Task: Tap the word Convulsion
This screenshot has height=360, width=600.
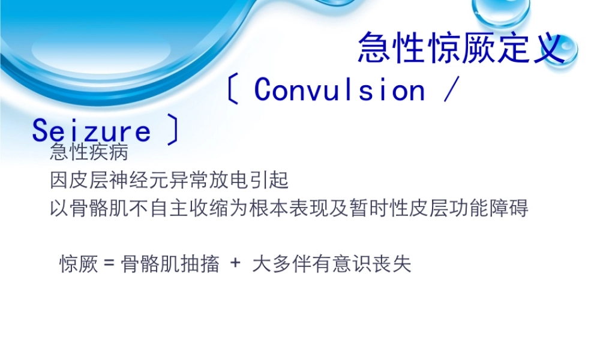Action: pos(340,90)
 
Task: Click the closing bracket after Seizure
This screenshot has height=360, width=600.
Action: pos(173,131)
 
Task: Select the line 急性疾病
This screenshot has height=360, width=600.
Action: pos(89,152)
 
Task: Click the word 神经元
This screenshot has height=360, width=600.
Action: pos(155,179)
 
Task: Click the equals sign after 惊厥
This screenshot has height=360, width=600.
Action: pos(109,264)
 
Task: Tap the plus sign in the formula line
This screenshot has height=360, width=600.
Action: pos(235,264)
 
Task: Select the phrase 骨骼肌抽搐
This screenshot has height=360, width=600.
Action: pos(170,264)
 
